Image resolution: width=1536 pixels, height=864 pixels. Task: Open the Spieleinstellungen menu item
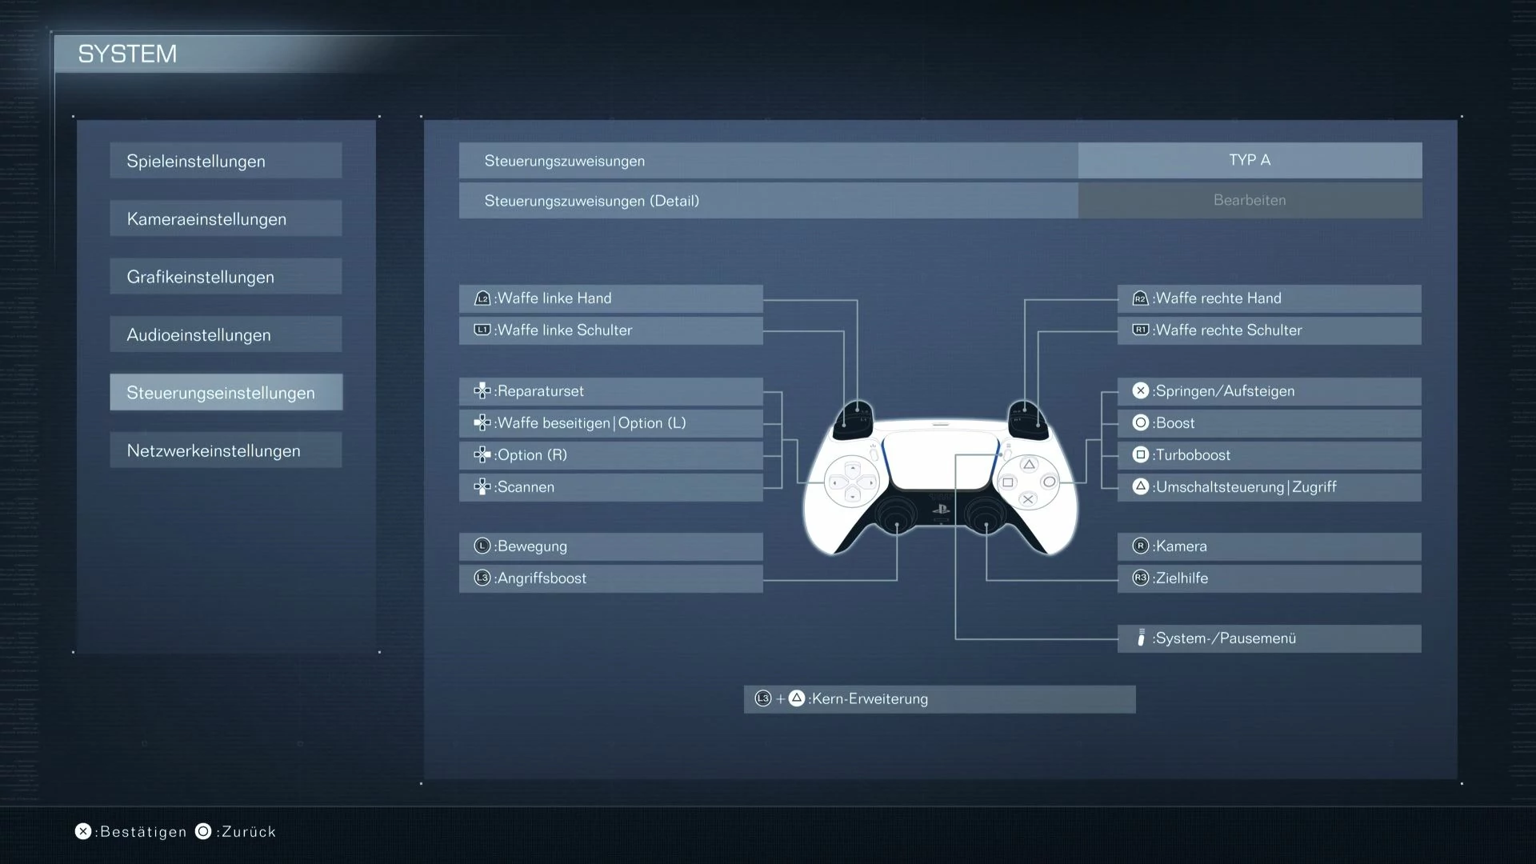coord(226,161)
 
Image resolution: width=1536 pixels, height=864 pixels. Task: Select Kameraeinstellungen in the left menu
coord(226,218)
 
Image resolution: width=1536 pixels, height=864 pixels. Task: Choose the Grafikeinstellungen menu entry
coord(226,277)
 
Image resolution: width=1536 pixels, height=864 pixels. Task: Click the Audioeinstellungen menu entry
coord(226,334)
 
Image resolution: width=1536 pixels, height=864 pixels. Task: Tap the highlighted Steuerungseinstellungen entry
coord(226,392)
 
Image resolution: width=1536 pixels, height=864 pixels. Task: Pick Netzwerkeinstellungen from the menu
coord(226,450)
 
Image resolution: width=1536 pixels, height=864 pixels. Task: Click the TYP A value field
coord(1250,160)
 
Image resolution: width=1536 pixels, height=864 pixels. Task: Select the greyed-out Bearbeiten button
coord(1250,200)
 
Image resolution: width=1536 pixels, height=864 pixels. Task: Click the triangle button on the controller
coord(1029,465)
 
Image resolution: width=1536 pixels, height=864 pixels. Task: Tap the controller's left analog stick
coord(897,516)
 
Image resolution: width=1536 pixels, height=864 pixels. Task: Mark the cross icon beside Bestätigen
coord(83,832)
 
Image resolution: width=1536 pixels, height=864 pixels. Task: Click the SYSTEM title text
coord(127,54)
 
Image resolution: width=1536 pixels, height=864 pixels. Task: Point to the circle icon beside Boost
coord(1141,422)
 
